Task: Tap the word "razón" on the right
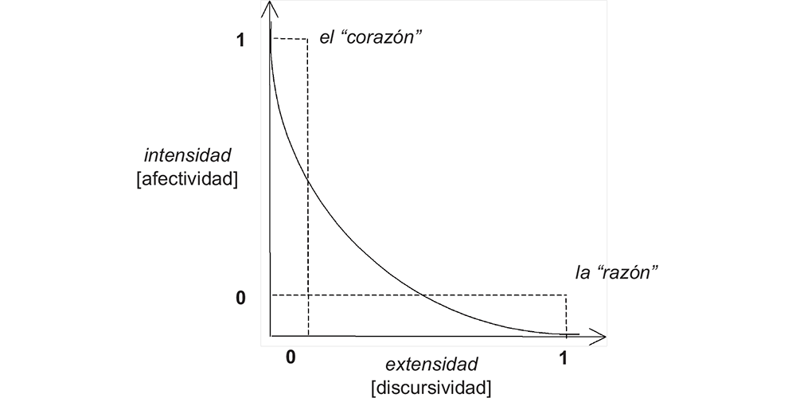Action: pos(630,272)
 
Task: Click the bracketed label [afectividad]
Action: pos(188,178)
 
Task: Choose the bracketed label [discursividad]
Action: pos(431,388)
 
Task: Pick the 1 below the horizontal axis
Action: pos(564,357)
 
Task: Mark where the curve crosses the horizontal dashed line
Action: pos(423,296)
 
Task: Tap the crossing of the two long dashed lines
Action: pos(308,296)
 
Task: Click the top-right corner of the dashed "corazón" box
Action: pos(308,38)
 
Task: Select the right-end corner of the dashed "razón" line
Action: pos(567,296)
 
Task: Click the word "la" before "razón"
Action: pos(583,272)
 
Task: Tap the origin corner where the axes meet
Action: pos(271,334)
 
